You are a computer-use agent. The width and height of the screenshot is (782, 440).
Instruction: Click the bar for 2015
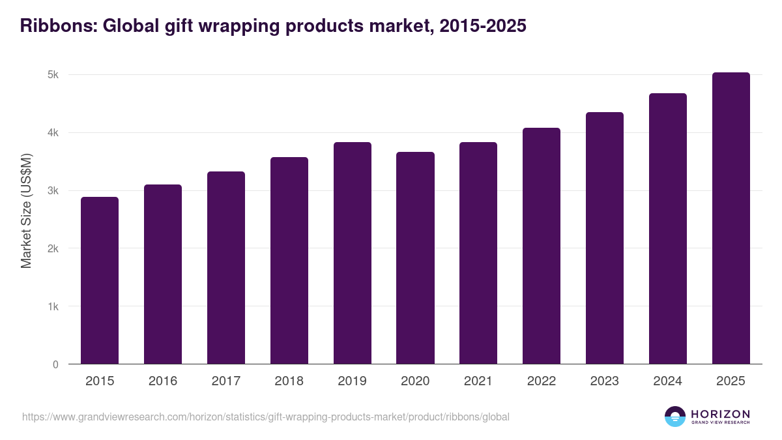(x=100, y=280)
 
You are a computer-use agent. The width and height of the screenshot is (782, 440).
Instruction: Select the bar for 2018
(x=289, y=261)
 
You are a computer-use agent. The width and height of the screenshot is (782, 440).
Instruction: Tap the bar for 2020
(x=416, y=258)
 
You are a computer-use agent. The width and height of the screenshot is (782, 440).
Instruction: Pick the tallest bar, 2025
(x=731, y=218)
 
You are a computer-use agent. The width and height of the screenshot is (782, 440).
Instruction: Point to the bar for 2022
(x=542, y=246)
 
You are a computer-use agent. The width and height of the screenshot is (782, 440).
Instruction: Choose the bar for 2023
(x=605, y=238)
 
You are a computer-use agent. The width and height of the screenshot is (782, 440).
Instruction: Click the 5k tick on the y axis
(x=53, y=75)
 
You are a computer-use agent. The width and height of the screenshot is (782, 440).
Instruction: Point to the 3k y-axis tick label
(x=53, y=191)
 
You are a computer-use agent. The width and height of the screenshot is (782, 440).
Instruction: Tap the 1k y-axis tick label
(x=53, y=306)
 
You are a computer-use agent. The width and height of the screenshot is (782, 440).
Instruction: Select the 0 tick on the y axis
(x=55, y=364)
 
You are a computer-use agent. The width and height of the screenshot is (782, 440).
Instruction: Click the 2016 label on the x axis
(x=163, y=381)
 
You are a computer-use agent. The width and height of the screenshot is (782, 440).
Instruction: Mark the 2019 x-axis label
(x=353, y=381)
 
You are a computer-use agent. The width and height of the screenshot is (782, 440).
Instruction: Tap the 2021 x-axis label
(x=478, y=381)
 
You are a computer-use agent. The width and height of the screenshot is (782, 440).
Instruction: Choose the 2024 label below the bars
(x=668, y=381)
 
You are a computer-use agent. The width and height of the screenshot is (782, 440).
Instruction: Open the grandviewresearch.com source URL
(x=266, y=417)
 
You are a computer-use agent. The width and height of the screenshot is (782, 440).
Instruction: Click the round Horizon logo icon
(x=675, y=417)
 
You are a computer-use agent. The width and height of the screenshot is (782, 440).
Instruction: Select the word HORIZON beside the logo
(x=720, y=413)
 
